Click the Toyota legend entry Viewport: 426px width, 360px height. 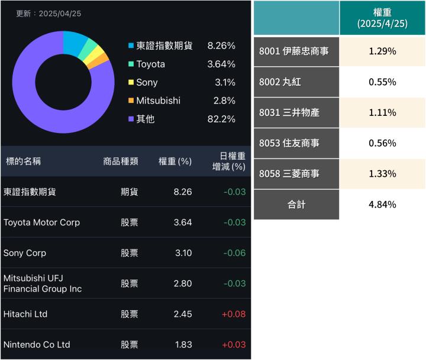point(150,64)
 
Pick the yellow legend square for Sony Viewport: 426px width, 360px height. point(131,83)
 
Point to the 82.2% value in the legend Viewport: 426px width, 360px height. point(221,119)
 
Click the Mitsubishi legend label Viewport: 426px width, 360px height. point(158,100)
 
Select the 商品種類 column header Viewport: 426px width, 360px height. point(121,161)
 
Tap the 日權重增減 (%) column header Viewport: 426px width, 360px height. point(229,161)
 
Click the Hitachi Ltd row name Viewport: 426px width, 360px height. point(25,314)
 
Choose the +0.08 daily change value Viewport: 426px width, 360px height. point(233,314)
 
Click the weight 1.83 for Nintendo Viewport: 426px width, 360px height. point(183,345)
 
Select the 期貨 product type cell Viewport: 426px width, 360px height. point(130,192)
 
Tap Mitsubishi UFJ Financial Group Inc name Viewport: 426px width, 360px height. point(43,283)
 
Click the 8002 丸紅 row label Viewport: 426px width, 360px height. point(280,82)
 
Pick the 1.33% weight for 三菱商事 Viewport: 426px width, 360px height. point(382,174)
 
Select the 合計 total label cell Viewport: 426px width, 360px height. point(296,205)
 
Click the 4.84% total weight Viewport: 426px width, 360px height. point(382,205)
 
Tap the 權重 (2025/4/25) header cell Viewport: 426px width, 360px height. point(382,18)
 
